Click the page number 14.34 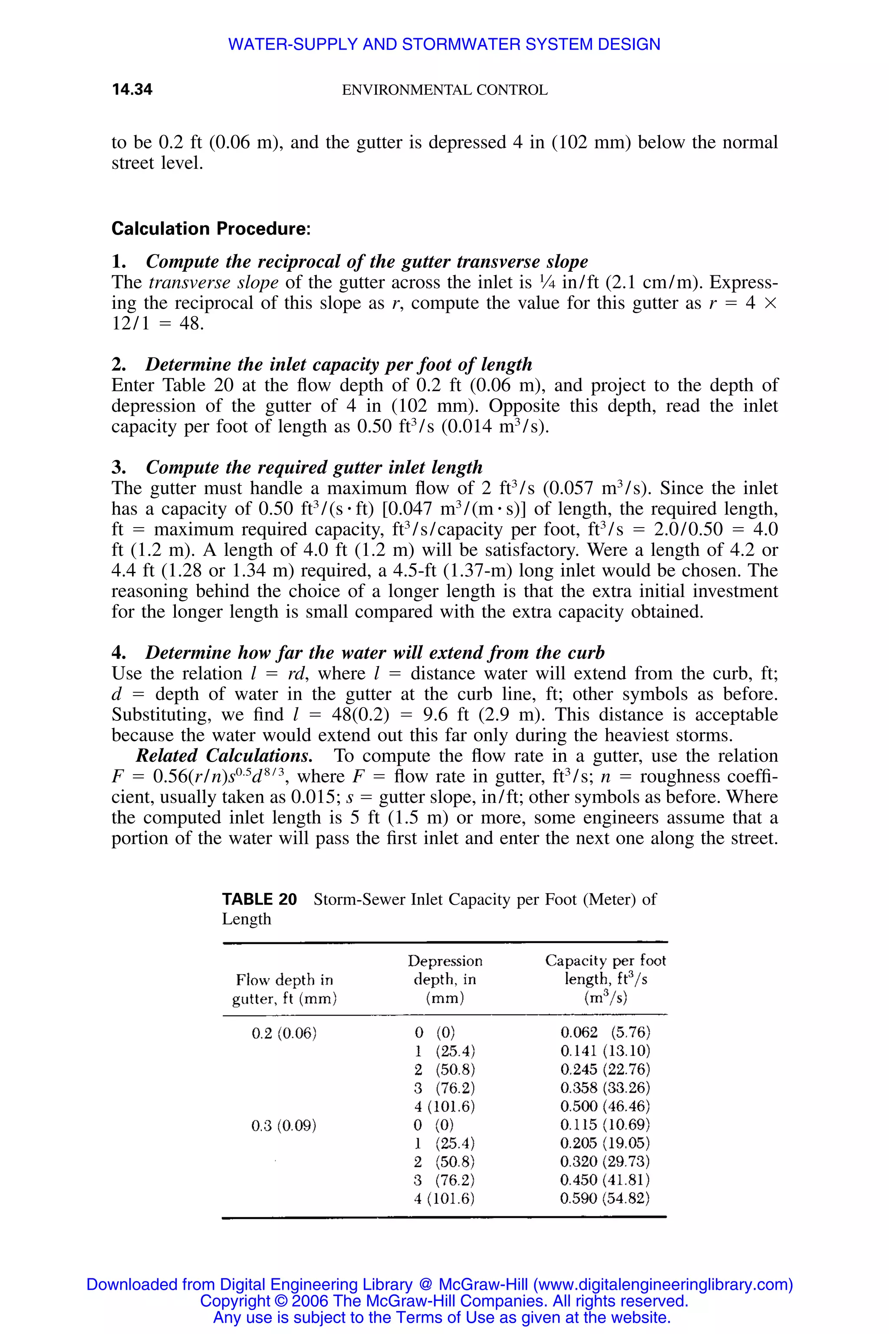tap(132, 89)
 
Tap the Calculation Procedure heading tap(211, 228)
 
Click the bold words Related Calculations tap(224, 756)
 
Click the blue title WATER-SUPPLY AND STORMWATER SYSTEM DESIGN tap(444, 44)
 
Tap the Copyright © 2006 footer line tap(444, 1301)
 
